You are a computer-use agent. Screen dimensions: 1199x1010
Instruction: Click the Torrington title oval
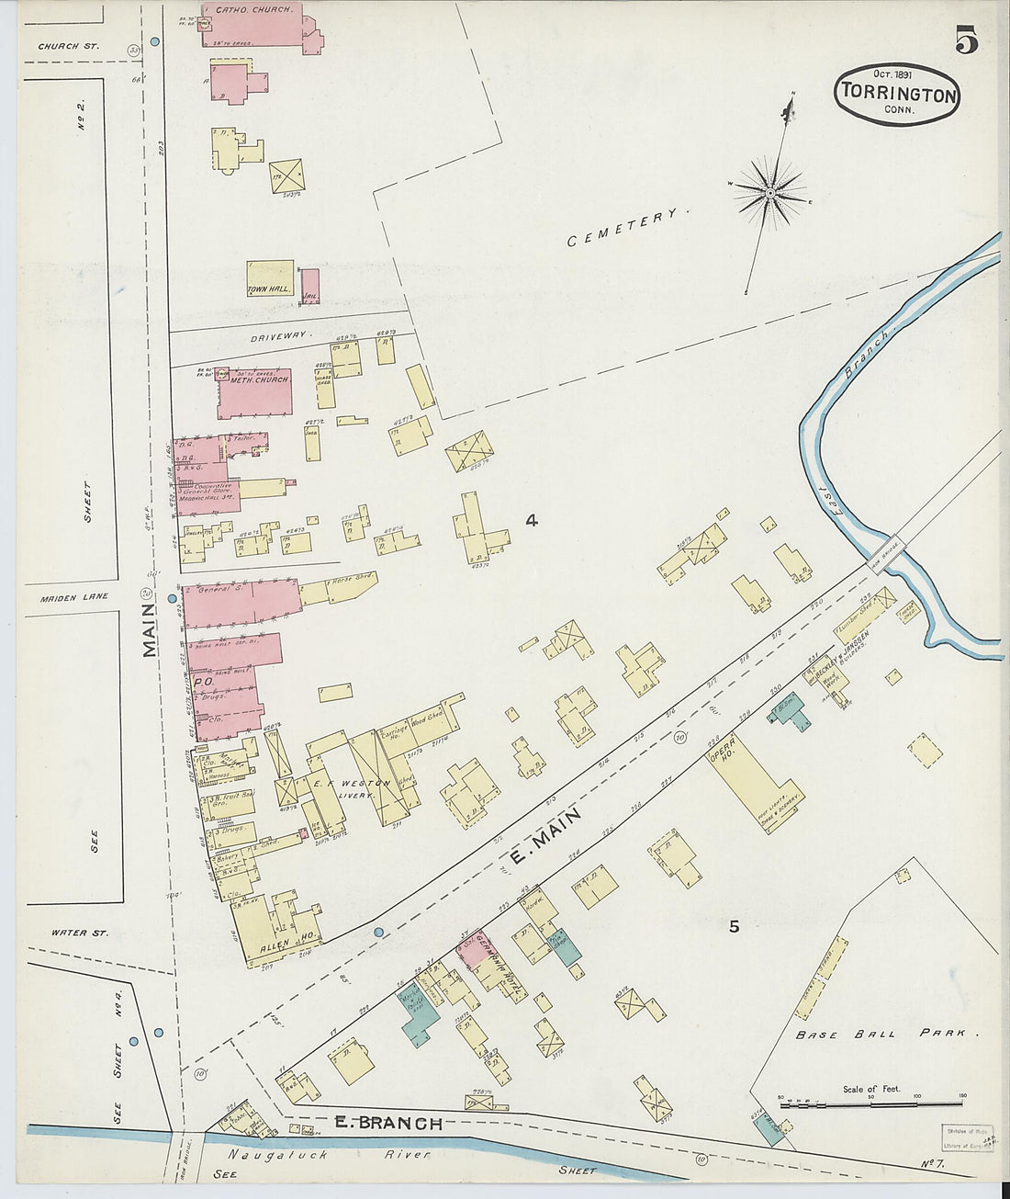[897, 94]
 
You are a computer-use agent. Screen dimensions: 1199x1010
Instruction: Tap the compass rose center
[769, 192]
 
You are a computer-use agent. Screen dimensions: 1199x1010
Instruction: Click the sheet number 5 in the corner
[965, 42]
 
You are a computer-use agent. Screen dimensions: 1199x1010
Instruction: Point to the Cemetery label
[627, 229]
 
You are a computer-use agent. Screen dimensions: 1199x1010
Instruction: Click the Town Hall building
[269, 277]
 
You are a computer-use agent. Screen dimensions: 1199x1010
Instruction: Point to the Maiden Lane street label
[74, 596]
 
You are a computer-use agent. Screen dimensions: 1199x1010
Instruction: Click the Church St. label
[69, 45]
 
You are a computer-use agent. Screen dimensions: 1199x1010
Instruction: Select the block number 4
[531, 520]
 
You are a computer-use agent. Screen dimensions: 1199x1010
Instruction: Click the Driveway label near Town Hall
[280, 337]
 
